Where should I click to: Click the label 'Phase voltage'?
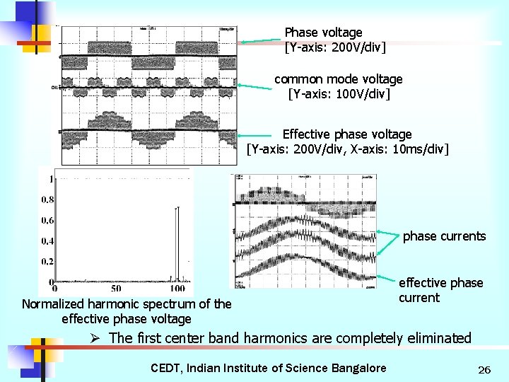pyautogui.click(x=323, y=33)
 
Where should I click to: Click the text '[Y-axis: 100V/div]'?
pyautogui.click(x=339, y=93)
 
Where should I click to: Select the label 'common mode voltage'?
pyautogui.click(x=339, y=79)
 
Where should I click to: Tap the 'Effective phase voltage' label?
pyautogui.click(x=346, y=134)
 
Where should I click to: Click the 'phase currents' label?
pyautogui.click(x=444, y=236)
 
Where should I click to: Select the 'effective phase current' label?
pyautogui.click(x=440, y=290)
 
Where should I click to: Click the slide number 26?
pyautogui.click(x=484, y=369)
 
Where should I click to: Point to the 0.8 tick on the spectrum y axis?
pyautogui.click(x=46, y=200)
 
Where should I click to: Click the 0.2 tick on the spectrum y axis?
pyautogui.click(x=46, y=262)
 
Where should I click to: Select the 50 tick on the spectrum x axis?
pyautogui.click(x=116, y=289)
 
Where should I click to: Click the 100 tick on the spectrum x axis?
pyautogui.click(x=177, y=289)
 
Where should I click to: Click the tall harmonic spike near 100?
pyautogui.click(x=177, y=241)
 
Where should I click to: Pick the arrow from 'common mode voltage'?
pyautogui.click(x=255, y=86)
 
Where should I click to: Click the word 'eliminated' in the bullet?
pyautogui.click(x=439, y=338)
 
